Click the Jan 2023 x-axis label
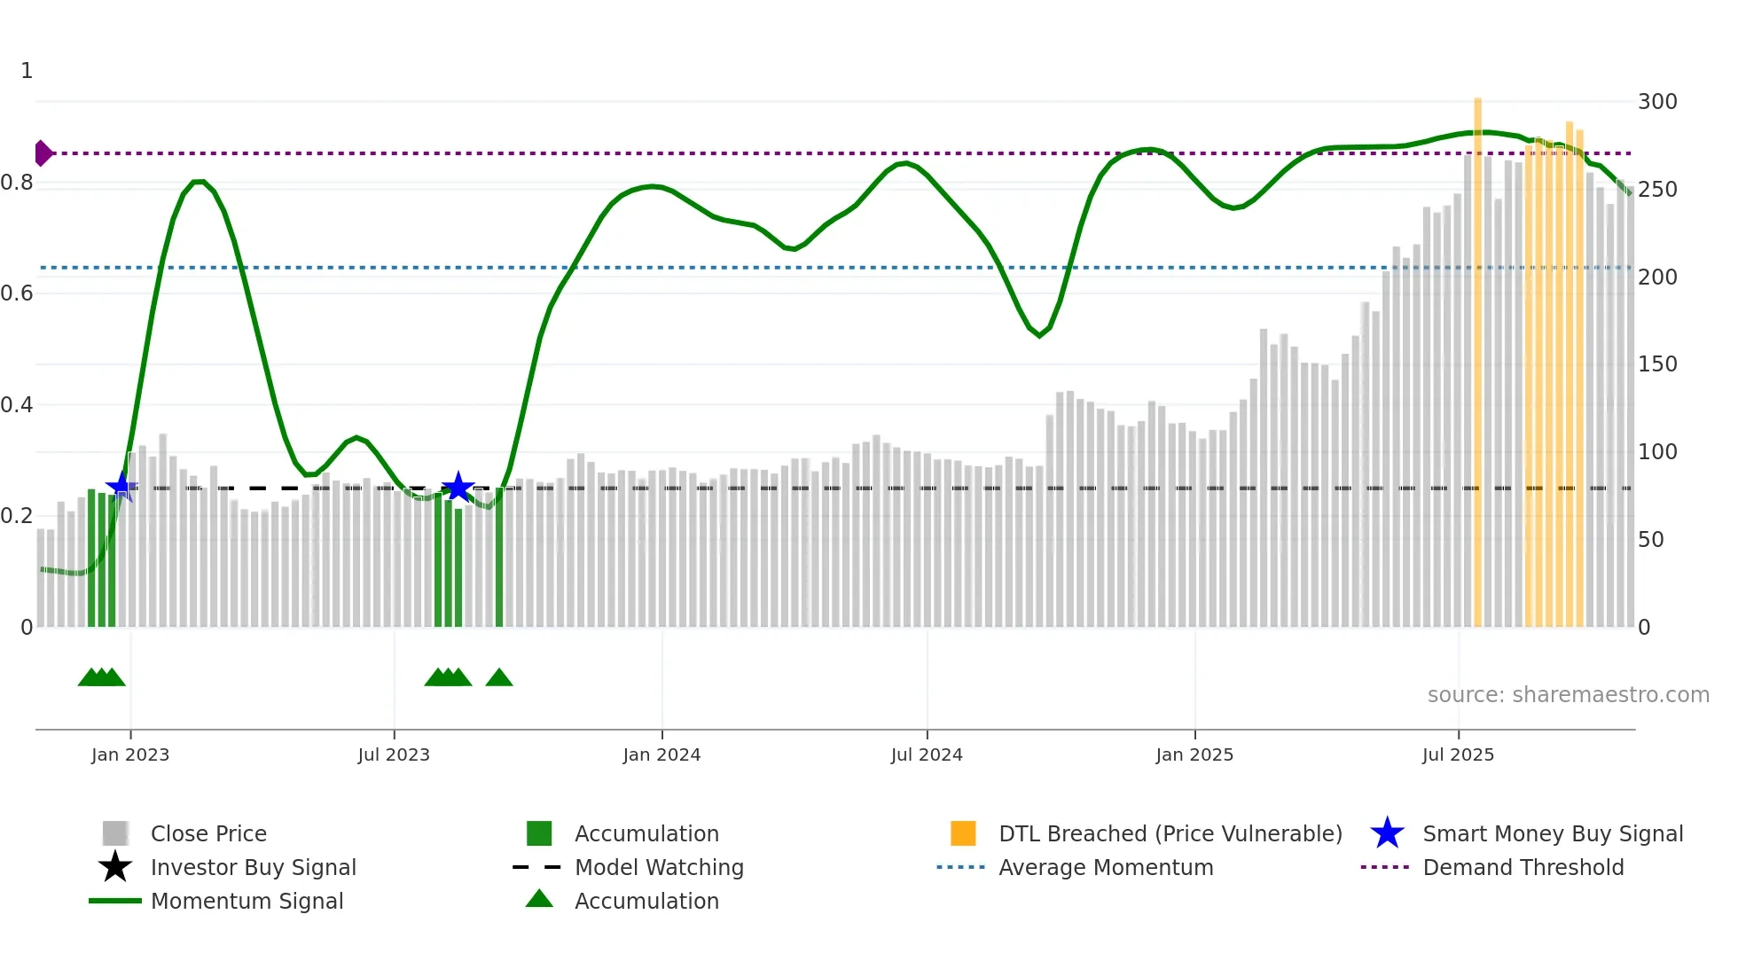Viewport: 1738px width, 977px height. tap(129, 754)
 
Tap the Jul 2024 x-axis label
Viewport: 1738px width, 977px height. tap(927, 754)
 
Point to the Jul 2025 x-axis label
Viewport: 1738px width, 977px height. tap(1458, 754)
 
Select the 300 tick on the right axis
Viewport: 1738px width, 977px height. tap(1657, 102)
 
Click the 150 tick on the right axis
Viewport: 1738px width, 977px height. tap(1657, 364)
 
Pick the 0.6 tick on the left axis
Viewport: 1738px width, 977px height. tap(17, 293)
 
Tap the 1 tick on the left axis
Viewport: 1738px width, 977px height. tap(27, 71)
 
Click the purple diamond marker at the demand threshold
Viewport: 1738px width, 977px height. tap(43, 153)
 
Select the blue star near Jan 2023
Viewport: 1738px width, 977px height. tap(121, 486)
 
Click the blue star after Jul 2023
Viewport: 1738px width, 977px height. tap(458, 487)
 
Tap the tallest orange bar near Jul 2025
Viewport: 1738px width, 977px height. tap(1477, 355)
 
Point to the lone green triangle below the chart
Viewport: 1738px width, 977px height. tap(499, 678)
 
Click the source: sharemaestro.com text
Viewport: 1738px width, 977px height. tap(1568, 695)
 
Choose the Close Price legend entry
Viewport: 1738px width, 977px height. tap(207, 833)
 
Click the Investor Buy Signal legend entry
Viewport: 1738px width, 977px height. tap(253, 867)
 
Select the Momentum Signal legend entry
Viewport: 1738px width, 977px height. tap(247, 901)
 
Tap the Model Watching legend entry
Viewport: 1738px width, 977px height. tap(659, 867)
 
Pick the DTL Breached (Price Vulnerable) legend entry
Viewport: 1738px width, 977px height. tap(1170, 833)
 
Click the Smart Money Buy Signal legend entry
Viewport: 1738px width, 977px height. tap(1553, 833)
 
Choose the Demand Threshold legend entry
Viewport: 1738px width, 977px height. tap(1523, 867)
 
